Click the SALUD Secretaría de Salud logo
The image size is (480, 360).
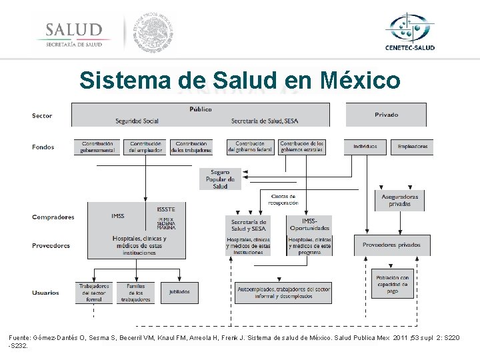click(74, 34)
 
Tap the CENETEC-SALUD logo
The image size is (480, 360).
click(409, 31)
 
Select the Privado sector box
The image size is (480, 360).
click(386, 115)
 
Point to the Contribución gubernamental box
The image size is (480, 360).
click(97, 147)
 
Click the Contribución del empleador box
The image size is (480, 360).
click(145, 147)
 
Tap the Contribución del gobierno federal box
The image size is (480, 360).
click(250, 147)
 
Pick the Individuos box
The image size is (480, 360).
click(365, 147)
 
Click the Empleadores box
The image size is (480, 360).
click(413, 147)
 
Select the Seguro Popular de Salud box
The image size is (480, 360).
click(220, 179)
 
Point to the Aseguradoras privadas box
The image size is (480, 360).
click(399, 200)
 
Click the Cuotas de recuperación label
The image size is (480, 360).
click(284, 199)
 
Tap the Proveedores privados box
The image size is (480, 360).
click(391, 245)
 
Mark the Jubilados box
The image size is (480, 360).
click(179, 292)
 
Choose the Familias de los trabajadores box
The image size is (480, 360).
click(136, 293)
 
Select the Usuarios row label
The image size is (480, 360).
click(46, 292)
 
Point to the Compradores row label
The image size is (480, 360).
click(53, 217)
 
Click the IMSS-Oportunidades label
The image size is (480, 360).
click(309, 225)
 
